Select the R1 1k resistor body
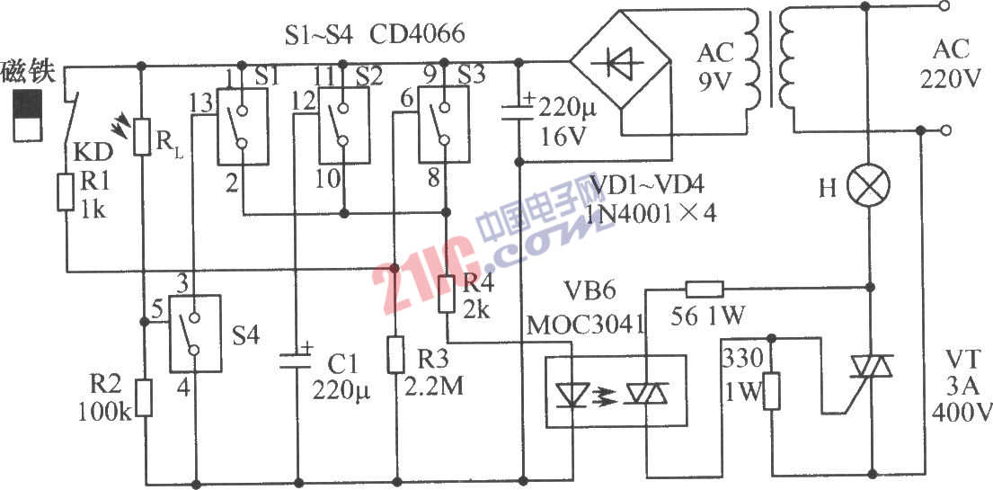coord(66,192)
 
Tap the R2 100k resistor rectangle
coord(143,397)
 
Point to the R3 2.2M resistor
coord(395,354)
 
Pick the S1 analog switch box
coord(243,125)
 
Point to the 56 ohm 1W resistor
coord(704,289)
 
